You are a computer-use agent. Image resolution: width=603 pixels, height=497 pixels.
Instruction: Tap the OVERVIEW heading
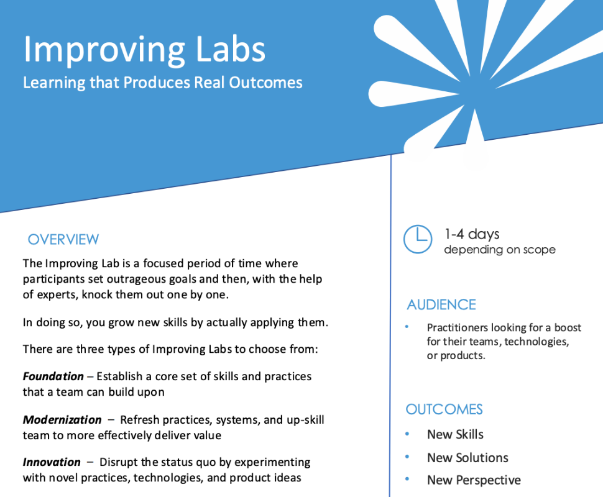[x=63, y=239]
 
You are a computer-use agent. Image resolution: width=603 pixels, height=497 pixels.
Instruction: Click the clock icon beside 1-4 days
[x=418, y=239]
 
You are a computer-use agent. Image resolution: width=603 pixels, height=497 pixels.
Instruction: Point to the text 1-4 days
[x=471, y=234]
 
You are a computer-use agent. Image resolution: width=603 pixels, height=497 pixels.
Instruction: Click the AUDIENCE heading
[x=441, y=304]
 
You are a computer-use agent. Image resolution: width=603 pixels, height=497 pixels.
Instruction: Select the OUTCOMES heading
[x=444, y=409]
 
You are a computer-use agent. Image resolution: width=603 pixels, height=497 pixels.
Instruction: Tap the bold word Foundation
[x=53, y=376]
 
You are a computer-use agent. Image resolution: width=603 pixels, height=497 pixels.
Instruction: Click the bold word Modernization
[x=62, y=420]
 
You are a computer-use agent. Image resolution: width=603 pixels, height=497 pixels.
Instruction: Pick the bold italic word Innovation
[x=52, y=462]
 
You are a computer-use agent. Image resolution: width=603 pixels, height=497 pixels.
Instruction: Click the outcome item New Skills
[x=455, y=434]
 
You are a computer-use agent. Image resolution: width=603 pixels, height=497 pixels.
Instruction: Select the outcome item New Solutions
[x=467, y=458]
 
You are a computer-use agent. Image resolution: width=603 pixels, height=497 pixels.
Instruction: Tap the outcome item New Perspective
[x=474, y=480]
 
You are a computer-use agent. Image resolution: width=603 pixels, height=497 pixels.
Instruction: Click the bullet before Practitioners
[x=407, y=327]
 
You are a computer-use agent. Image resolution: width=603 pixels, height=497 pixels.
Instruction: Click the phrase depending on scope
[x=499, y=250]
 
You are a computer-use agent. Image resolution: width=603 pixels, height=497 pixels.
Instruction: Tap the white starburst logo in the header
[x=472, y=68]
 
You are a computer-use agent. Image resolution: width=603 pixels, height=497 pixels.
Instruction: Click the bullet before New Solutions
[x=407, y=457]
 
